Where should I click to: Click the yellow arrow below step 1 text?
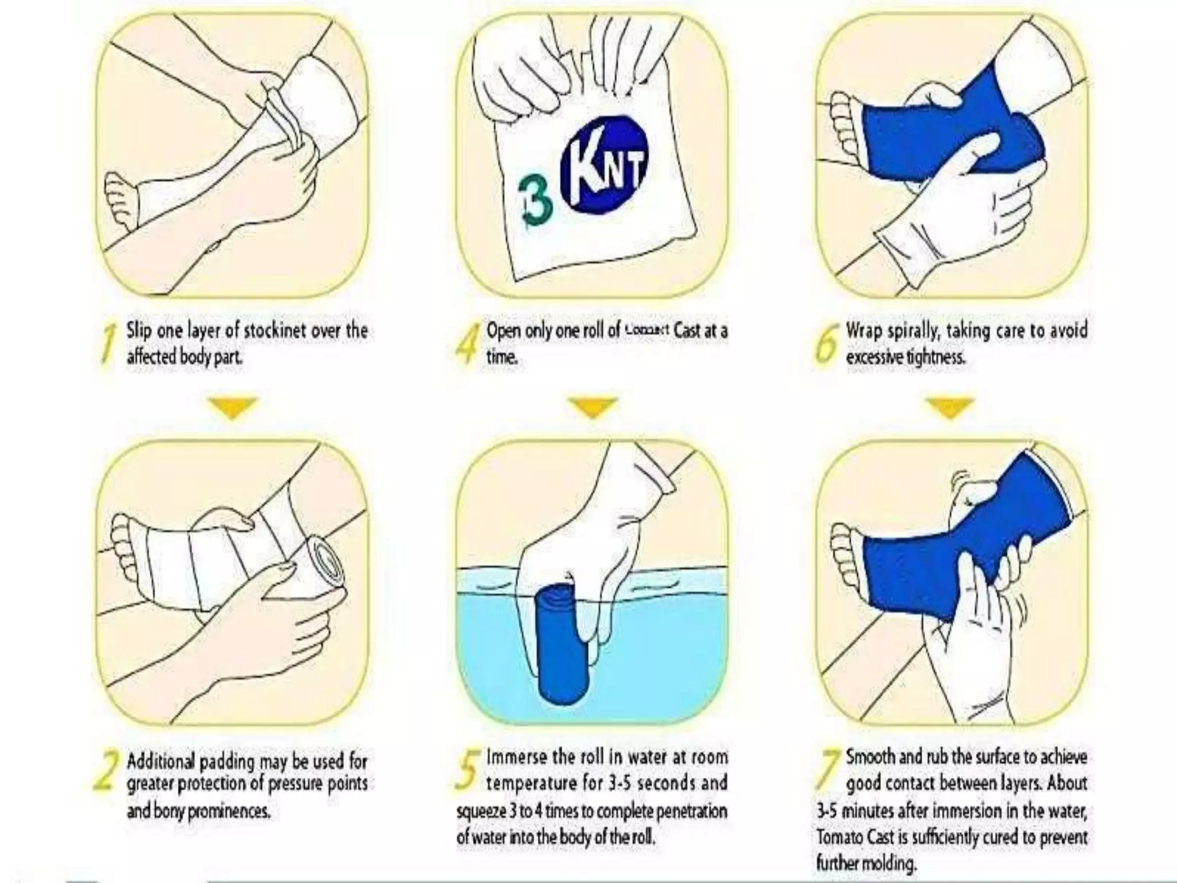[x=231, y=408]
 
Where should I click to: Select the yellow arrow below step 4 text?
[x=592, y=408]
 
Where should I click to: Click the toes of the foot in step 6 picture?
[x=845, y=121]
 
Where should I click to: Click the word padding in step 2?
[x=225, y=762]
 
